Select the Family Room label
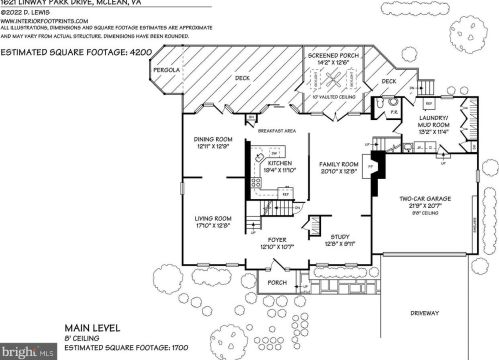[338, 163]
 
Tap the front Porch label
[276, 282]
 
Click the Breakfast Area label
[276, 131]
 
